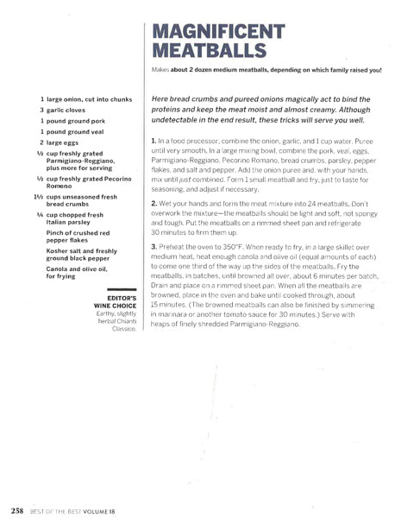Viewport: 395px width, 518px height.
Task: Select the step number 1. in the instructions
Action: pyautogui.click(x=154, y=140)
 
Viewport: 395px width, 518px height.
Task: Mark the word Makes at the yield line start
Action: pyautogui.click(x=159, y=70)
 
